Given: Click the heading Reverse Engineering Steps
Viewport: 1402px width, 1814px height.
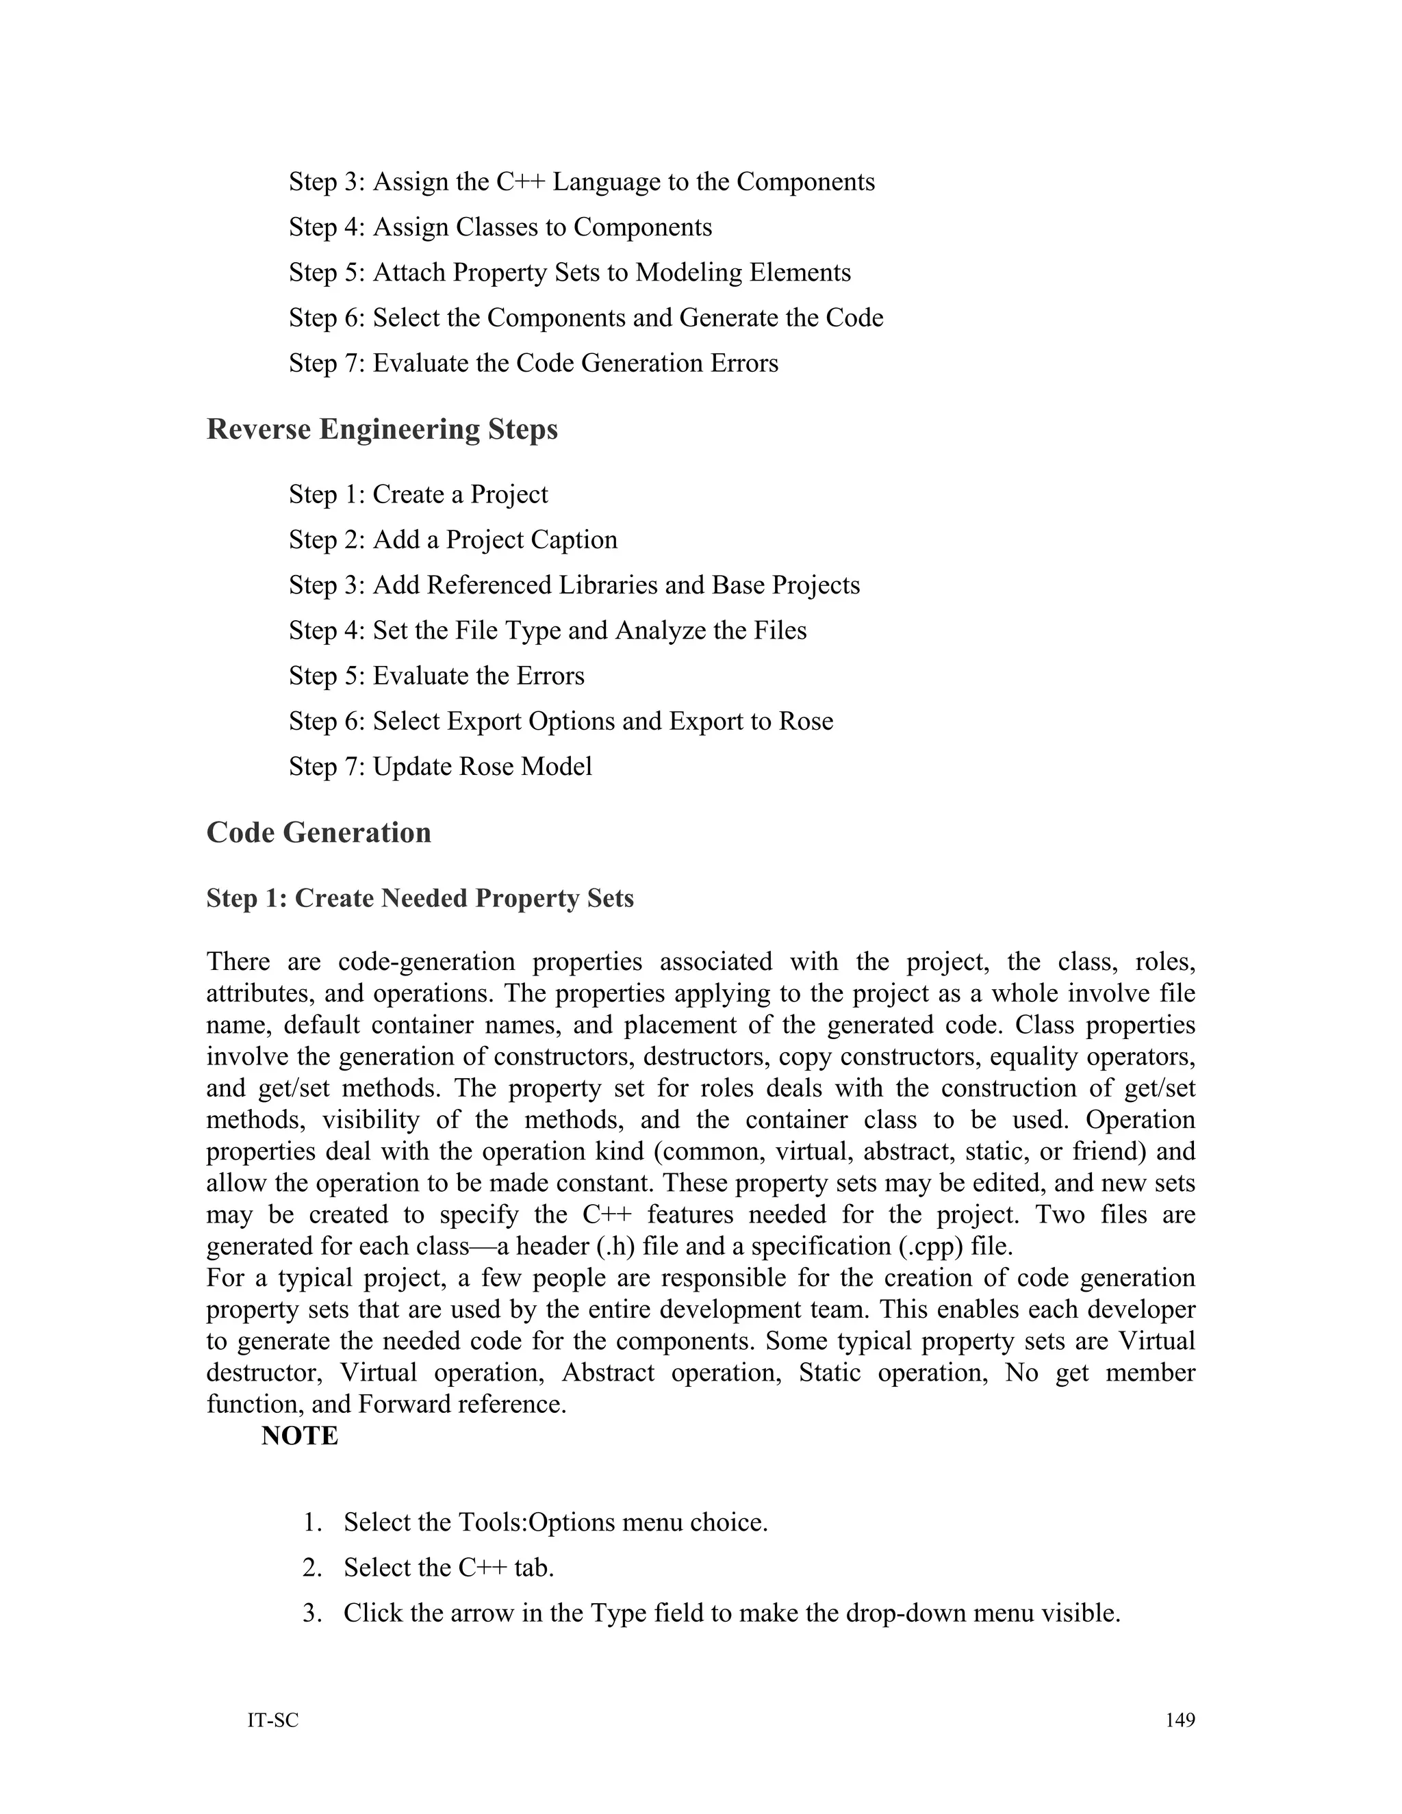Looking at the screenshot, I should (381, 429).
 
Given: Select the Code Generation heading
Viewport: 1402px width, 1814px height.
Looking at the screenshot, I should (318, 832).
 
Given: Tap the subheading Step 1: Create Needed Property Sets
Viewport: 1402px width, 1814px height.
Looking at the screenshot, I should (420, 898).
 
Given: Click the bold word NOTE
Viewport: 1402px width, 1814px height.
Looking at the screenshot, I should (299, 1435).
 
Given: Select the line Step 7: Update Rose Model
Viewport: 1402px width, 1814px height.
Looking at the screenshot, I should (440, 766).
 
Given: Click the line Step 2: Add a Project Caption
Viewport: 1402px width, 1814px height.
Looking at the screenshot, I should (453, 540).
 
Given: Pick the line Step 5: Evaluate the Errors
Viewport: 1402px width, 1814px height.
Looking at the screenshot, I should (436, 675).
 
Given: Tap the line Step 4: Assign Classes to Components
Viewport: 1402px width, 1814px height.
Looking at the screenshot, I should (500, 227).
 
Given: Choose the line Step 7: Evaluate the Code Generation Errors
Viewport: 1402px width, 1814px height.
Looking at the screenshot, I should (533, 363).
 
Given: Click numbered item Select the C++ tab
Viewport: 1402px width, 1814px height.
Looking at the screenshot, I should (448, 1568).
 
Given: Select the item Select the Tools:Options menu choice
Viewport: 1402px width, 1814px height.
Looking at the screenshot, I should (555, 1522).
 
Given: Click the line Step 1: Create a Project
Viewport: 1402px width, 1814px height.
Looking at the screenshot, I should (418, 494).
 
